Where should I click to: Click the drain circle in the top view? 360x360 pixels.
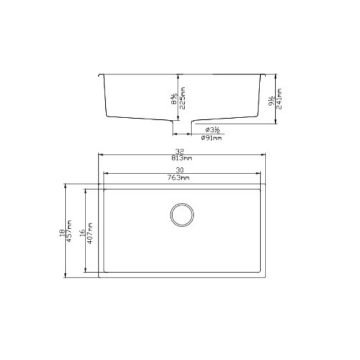181,215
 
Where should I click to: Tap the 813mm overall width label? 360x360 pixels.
182,158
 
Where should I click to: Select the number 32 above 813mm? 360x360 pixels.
180,151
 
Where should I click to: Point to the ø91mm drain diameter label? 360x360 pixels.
213,138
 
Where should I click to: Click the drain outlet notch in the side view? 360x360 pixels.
182,127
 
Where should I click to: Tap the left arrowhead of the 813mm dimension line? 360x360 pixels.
101,155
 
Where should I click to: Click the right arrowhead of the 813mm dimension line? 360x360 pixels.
267,155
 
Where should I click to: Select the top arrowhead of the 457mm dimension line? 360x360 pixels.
66,185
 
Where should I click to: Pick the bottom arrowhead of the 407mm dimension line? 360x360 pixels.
85,272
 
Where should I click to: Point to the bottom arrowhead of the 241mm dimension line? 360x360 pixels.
276,123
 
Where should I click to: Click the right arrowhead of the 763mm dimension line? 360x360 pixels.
260,175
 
